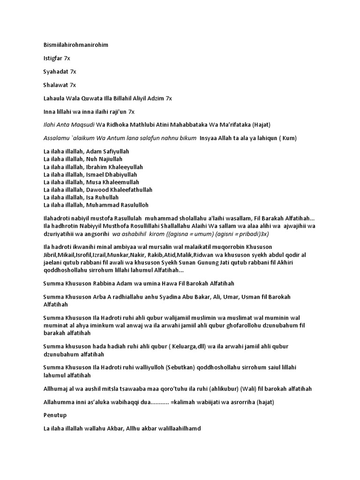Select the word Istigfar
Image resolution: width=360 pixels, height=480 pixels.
53,59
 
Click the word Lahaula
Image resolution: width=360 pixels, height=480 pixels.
54,98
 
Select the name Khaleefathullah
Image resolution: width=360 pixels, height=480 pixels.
125,190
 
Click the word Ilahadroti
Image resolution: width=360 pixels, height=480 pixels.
59,218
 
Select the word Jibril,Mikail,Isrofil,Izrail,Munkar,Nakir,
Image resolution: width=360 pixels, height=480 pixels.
104,254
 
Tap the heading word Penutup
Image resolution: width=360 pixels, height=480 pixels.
54,415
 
